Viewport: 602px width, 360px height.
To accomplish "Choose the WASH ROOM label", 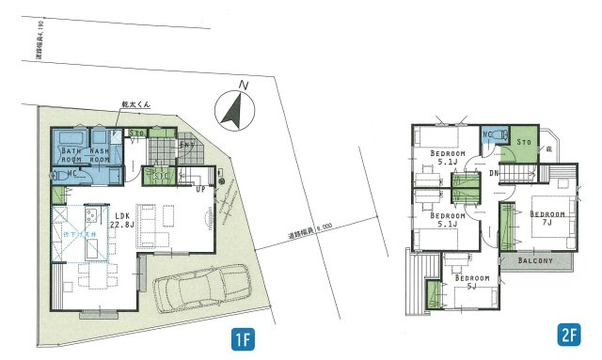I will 102,154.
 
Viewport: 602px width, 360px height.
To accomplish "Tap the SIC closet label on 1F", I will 161,175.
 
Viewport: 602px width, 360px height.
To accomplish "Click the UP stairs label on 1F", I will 199,188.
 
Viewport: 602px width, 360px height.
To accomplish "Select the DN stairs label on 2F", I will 493,174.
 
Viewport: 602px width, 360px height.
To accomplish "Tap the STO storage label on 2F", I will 525,143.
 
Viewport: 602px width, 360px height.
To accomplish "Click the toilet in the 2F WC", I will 499,134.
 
